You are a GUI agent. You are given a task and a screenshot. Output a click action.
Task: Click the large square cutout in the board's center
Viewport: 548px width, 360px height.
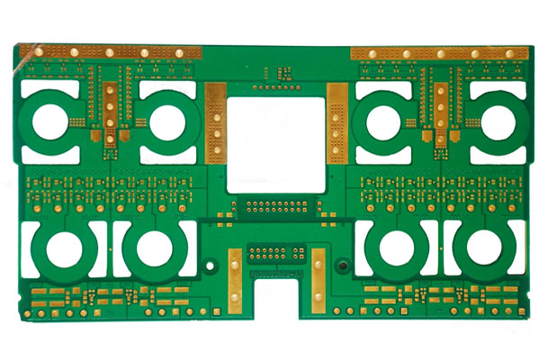click(x=275, y=144)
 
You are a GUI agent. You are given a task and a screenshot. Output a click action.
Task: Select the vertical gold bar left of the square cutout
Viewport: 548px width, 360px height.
click(x=215, y=121)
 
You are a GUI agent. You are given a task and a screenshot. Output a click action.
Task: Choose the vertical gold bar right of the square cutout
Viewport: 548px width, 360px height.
click(x=336, y=121)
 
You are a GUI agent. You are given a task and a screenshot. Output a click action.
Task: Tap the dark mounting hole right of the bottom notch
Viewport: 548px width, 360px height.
click(x=342, y=266)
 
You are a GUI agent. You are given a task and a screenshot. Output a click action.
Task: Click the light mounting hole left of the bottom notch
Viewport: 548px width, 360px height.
click(x=209, y=266)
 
